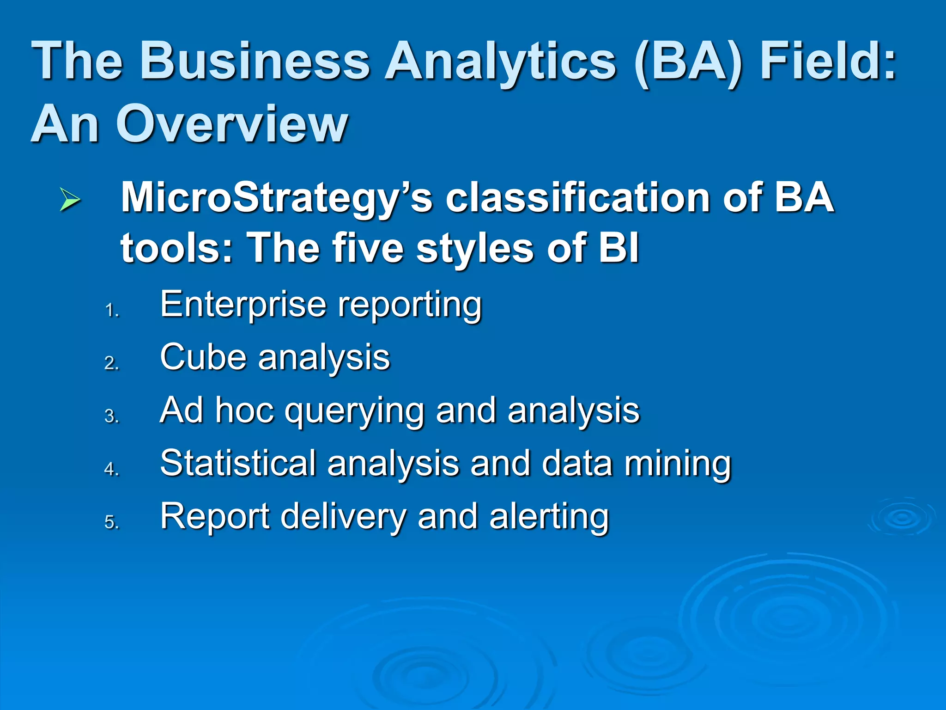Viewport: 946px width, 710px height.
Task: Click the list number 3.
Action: [x=111, y=416]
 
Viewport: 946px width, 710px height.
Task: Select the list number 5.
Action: [x=111, y=522]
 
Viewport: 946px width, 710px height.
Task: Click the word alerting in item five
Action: [x=549, y=517]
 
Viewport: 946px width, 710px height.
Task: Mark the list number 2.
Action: [x=111, y=363]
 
